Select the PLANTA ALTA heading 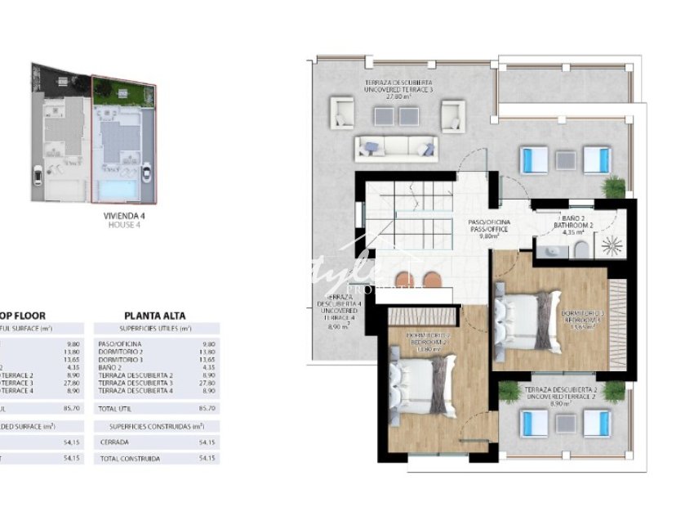click(x=154, y=315)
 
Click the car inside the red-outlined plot click(x=146, y=174)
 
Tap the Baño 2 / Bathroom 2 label click(x=577, y=223)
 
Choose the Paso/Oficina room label click(x=490, y=227)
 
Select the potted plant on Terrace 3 click(x=613, y=186)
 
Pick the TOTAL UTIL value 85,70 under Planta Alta click(x=207, y=407)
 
